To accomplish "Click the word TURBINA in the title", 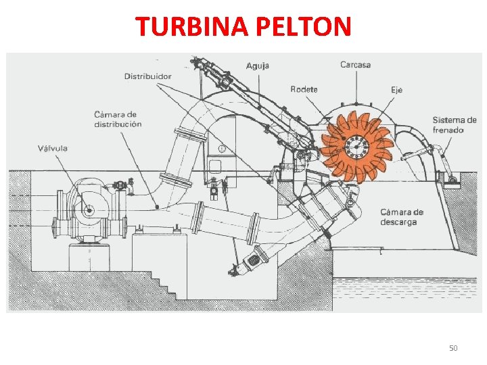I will [x=192, y=26].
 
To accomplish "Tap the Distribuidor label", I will [x=147, y=76].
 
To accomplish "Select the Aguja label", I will [x=257, y=66].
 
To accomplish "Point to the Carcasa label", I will [x=355, y=65].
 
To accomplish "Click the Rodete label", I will [x=304, y=89].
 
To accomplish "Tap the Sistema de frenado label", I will [x=455, y=125].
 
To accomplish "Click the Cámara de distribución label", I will [x=118, y=120].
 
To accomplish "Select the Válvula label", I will [x=53, y=148].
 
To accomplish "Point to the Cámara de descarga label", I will [x=402, y=217].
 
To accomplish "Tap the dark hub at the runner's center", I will [x=356, y=143].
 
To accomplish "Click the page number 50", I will [x=453, y=348].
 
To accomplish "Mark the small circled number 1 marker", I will [x=223, y=148].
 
